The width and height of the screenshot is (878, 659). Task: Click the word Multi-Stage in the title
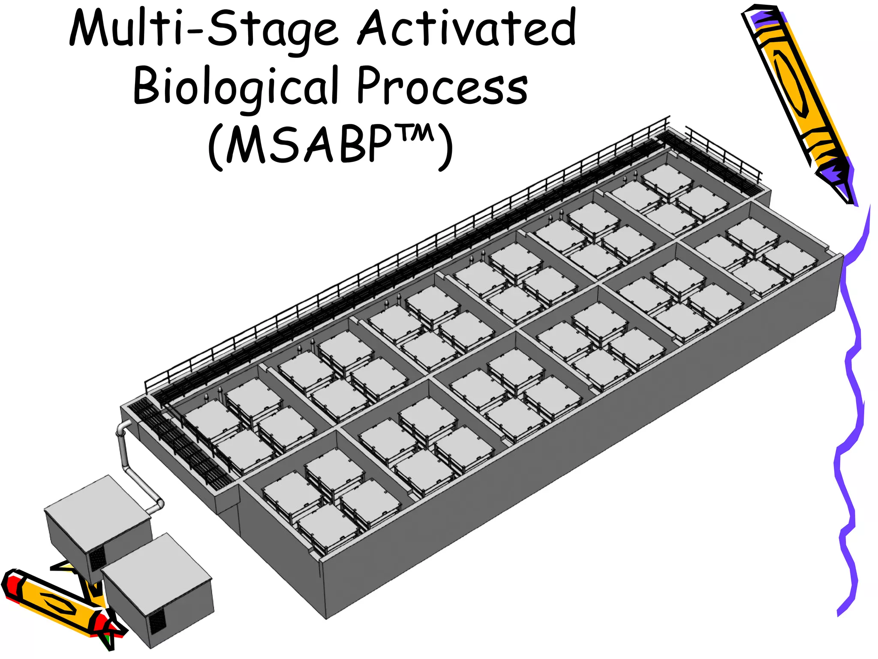click(x=204, y=29)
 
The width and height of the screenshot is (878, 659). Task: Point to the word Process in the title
click(x=442, y=86)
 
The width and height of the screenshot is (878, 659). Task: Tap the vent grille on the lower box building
click(x=157, y=622)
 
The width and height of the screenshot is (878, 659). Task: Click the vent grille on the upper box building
click(x=97, y=558)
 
